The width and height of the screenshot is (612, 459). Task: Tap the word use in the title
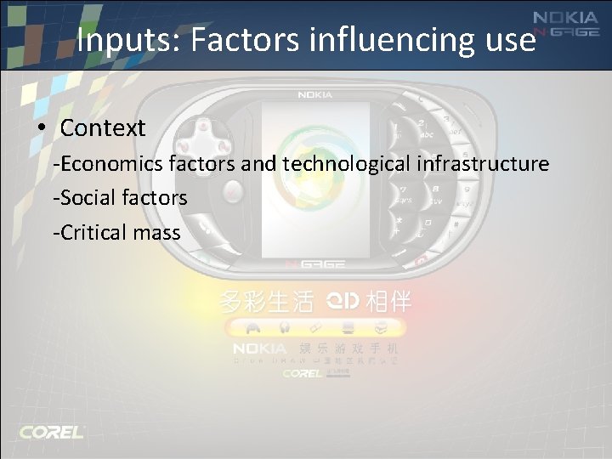pyautogui.click(x=507, y=39)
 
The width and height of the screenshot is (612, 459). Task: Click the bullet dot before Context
pyautogui.click(x=42, y=129)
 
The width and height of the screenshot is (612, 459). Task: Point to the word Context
pyautogui.click(x=103, y=128)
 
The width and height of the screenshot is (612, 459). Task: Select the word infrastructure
pyautogui.click(x=484, y=163)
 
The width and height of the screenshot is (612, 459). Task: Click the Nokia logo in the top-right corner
pyautogui.click(x=564, y=19)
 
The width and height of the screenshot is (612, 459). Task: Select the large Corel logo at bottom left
pyautogui.click(x=52, y=431)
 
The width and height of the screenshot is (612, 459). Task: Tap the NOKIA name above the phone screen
pyautogui.click(x=314, y=94)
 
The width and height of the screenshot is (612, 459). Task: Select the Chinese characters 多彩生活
pyautogui.click(x=266, y=301)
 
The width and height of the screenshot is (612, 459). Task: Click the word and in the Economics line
pyautogui.click(x=259, y=163)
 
